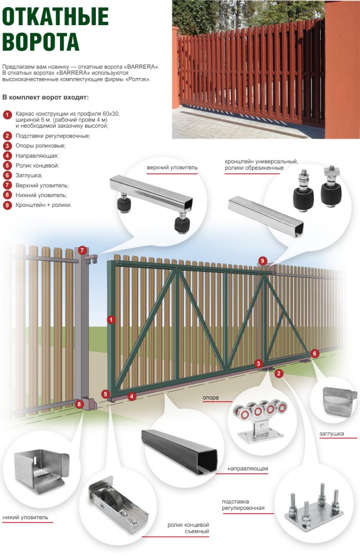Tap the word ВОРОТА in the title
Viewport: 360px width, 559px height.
pyautogui.click(x=41, y=41)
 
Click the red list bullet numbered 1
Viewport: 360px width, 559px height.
pyautogui.click(x=7, y=115)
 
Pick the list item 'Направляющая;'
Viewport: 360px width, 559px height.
pyautogui.click(x=38, y=156)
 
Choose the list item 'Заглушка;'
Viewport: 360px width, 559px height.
pyautogui.click(x=32, y=175)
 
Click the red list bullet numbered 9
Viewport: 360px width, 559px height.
pyautogui.click(x=7, y=205)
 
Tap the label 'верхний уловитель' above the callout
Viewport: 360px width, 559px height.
pyautogui.click(x=169, y=166)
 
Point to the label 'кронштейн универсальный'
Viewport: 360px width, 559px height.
pyautogui.click(x=261, y=162)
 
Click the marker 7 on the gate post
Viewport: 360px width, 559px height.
pyautogui.click(x=82, y=251)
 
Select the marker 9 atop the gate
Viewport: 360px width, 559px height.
pyautogui.click(x=262, y=261)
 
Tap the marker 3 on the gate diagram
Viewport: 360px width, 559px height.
pyautogui.click(x=259, y=364)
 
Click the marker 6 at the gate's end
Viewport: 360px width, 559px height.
pyautogui.click(x=314, y=353)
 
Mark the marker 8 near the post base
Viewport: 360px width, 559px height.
pyautogui.click(x=80, y=405)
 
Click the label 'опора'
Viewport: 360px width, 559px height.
pyautogui.click(x=211, y=397)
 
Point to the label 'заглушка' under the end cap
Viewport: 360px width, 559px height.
pyautogui.click(x=332, y=434)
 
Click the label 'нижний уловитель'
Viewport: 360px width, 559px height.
pyautogui.click(x=26, y=516)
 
